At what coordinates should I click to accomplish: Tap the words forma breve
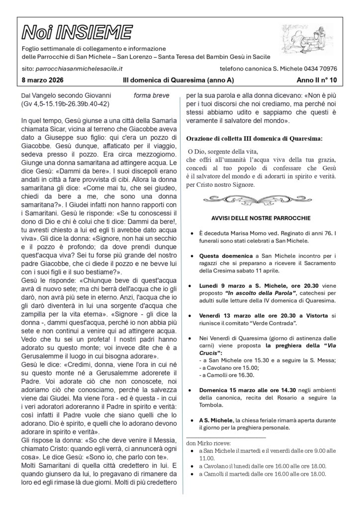151,95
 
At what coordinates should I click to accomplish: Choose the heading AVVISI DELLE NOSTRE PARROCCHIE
261,218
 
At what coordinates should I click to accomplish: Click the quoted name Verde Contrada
276,324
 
